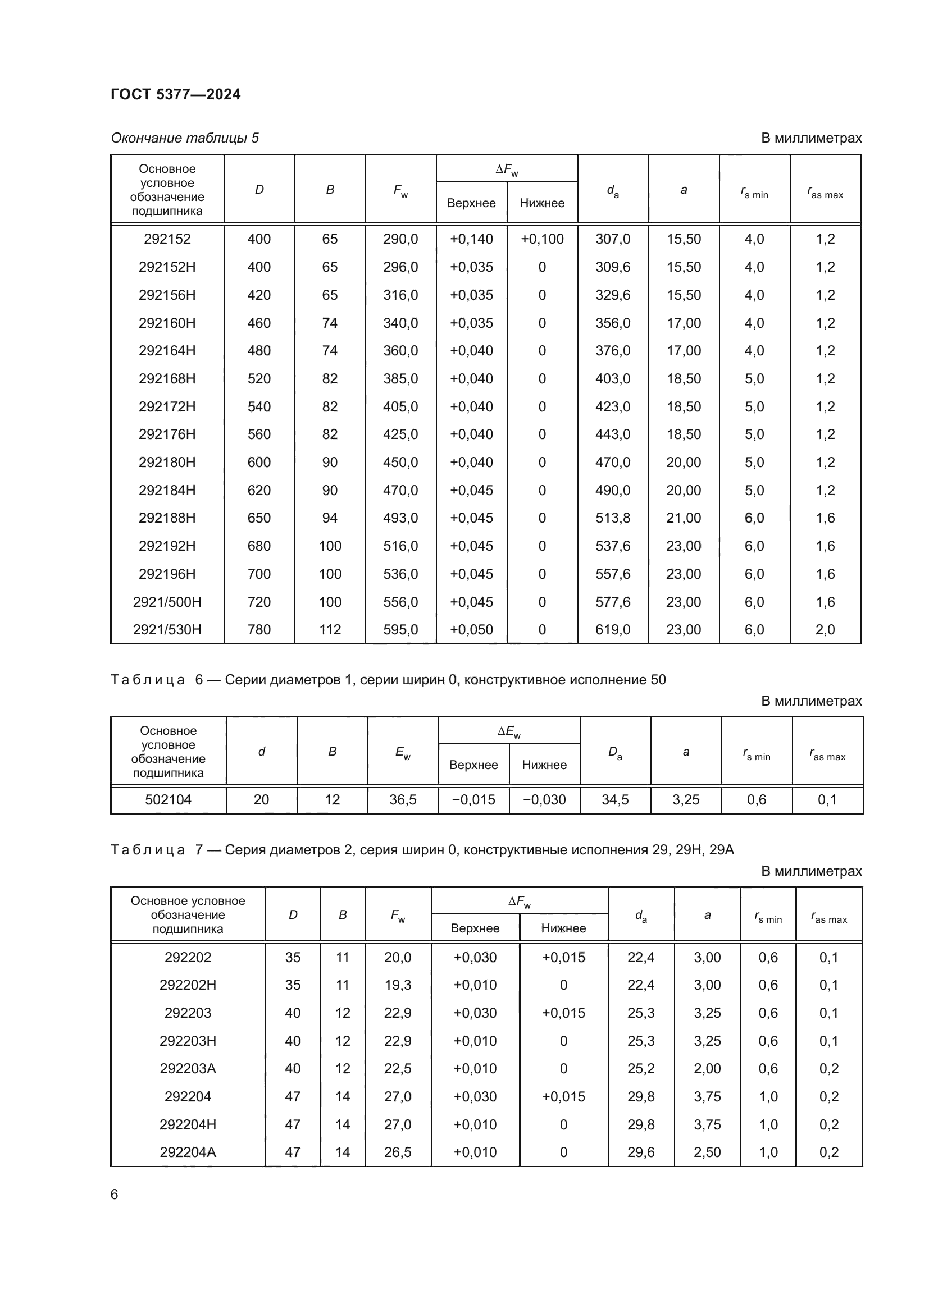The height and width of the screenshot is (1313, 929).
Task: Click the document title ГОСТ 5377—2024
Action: pyautogui.click(x=176, y=94)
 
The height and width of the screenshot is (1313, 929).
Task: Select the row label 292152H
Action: pyautogui.click(x=167, y=267)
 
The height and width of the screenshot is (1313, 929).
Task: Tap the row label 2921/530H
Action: pyautogui.click(x=167, y=630)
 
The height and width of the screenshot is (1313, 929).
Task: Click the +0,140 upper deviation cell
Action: pyautogui.click(x=471, y=239)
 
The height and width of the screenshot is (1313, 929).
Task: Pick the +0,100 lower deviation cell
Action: pyautogui.click(x=541, y=239)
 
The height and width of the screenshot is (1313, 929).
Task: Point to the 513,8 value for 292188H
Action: pyautogui.click(x=613, y=518)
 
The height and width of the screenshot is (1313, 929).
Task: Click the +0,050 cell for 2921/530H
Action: pyautogui.click(x=471, y=630)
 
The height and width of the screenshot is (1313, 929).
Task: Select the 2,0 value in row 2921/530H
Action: pyautogui.click(x=825, y=630)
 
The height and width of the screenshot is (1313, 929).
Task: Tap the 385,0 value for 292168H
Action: pyautogui.click(x=400, y=378)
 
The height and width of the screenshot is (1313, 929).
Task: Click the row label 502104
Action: pyautogui.click(x=168, y=800)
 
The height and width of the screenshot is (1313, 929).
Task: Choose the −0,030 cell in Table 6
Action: pyautogui.click(x=544, y=800)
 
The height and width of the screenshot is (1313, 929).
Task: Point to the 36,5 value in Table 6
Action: pyautogui.click(x=403, y=800)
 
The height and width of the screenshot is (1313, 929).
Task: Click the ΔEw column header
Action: pyautogui.click(x=508, y=731)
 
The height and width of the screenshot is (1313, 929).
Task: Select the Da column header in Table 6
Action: pyautogui.click(x=615, y=753)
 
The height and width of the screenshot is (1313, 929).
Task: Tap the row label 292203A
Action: pyautogui.click(x=188, y=1069)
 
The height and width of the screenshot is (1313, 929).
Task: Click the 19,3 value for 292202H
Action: pyautogui.click(x=398, y=985)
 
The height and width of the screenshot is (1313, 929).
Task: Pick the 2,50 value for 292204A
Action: pyautogui.click(x=707, y=1152)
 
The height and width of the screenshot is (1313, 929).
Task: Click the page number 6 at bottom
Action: pyautogui.click(x=115, y=1195)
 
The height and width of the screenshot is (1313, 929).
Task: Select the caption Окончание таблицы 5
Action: pyautogui.click(x=185, y=139)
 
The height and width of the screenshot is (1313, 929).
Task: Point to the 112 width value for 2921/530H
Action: pyautogui.click(x=330, y=630)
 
